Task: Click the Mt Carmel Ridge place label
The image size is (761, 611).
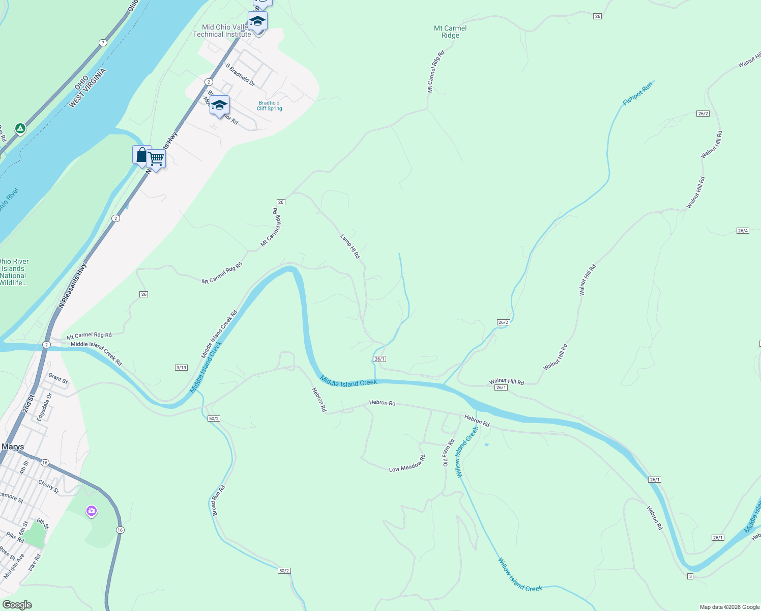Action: (450, 32)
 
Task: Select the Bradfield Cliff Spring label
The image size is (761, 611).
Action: (269, 106)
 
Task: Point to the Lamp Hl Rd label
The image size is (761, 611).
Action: (350, 246)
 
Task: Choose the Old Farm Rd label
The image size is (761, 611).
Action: (448, 453)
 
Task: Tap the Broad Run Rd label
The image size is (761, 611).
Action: (218, 501)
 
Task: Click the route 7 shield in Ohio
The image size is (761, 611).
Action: (103, 43)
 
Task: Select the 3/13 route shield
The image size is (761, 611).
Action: (181, 368)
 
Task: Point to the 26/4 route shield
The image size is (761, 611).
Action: (743, 231)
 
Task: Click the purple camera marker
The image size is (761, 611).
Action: (92, 511)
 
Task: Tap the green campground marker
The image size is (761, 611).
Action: (20, 128)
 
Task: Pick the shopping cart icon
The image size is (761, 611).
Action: (156, 159)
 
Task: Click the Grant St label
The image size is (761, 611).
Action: (58, 378)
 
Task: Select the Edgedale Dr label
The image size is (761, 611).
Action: (45, 407)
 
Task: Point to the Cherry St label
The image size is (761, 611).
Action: (48, 486)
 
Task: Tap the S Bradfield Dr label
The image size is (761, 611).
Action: (241, 75)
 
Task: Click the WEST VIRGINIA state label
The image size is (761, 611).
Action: (87, 88)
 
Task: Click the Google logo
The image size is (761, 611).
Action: (17, 605)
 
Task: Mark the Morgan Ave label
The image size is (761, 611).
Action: (14, 566)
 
